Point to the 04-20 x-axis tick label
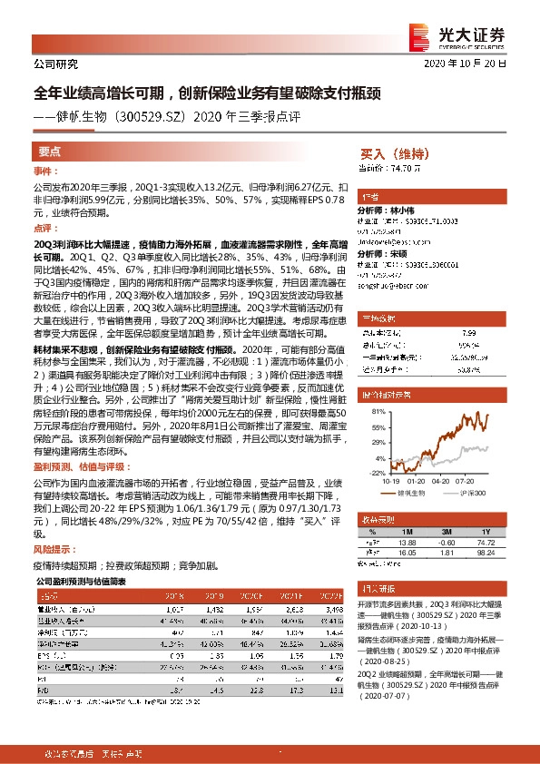coord(442,482)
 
